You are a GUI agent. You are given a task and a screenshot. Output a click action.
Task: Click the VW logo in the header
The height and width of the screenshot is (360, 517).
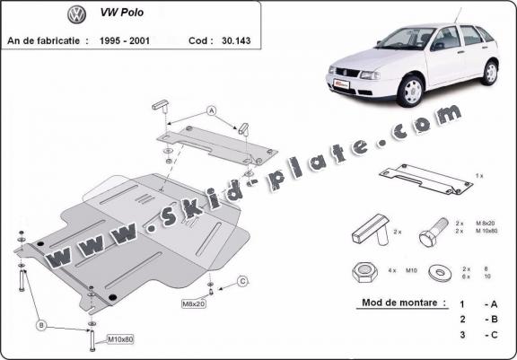point(75,15)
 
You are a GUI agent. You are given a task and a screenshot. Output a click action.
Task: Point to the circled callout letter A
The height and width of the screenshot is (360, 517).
point(212,111)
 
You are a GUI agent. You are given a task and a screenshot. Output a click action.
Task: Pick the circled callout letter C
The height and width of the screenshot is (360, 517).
point(242,282)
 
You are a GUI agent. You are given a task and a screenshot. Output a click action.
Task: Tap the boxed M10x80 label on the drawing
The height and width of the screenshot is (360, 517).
point(120,338)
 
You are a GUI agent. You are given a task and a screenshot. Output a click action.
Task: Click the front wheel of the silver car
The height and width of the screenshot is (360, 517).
point(412,91)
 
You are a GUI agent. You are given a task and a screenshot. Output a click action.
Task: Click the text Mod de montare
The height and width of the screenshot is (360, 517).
point(401,303)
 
